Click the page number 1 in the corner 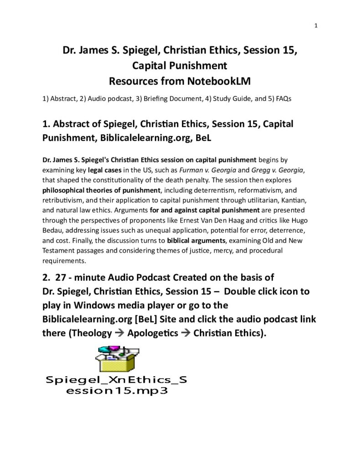[316, 25]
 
